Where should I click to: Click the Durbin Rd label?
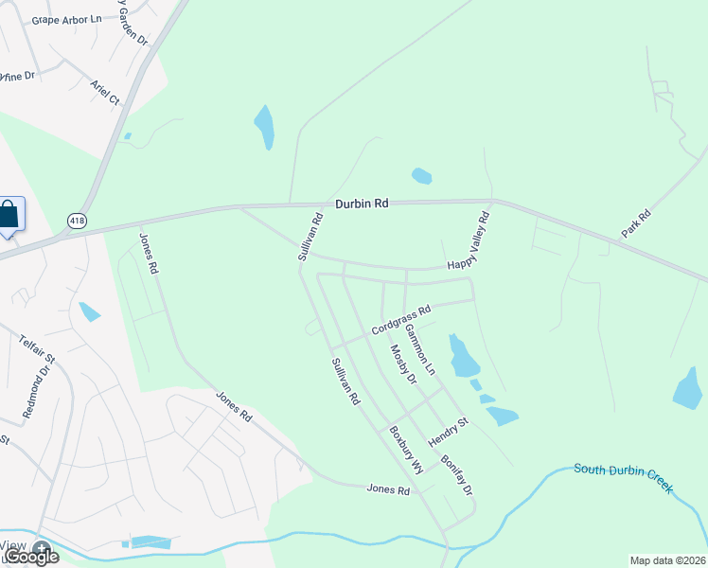coord(362,204)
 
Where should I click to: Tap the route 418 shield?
coord(77,221)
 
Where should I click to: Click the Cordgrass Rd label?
coord(401,319)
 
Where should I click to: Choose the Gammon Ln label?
coord(419,350)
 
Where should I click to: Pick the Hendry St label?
coord(448,432)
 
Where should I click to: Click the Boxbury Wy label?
coord(405,450)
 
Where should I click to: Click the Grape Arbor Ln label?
coord(66,19)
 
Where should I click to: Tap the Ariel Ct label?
coord(104,93)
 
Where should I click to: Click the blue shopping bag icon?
coord(9,216)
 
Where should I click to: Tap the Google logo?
coord(30,556)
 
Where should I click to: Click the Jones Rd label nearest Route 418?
coord(149,254)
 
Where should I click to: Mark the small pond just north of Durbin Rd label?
coord(422,175)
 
